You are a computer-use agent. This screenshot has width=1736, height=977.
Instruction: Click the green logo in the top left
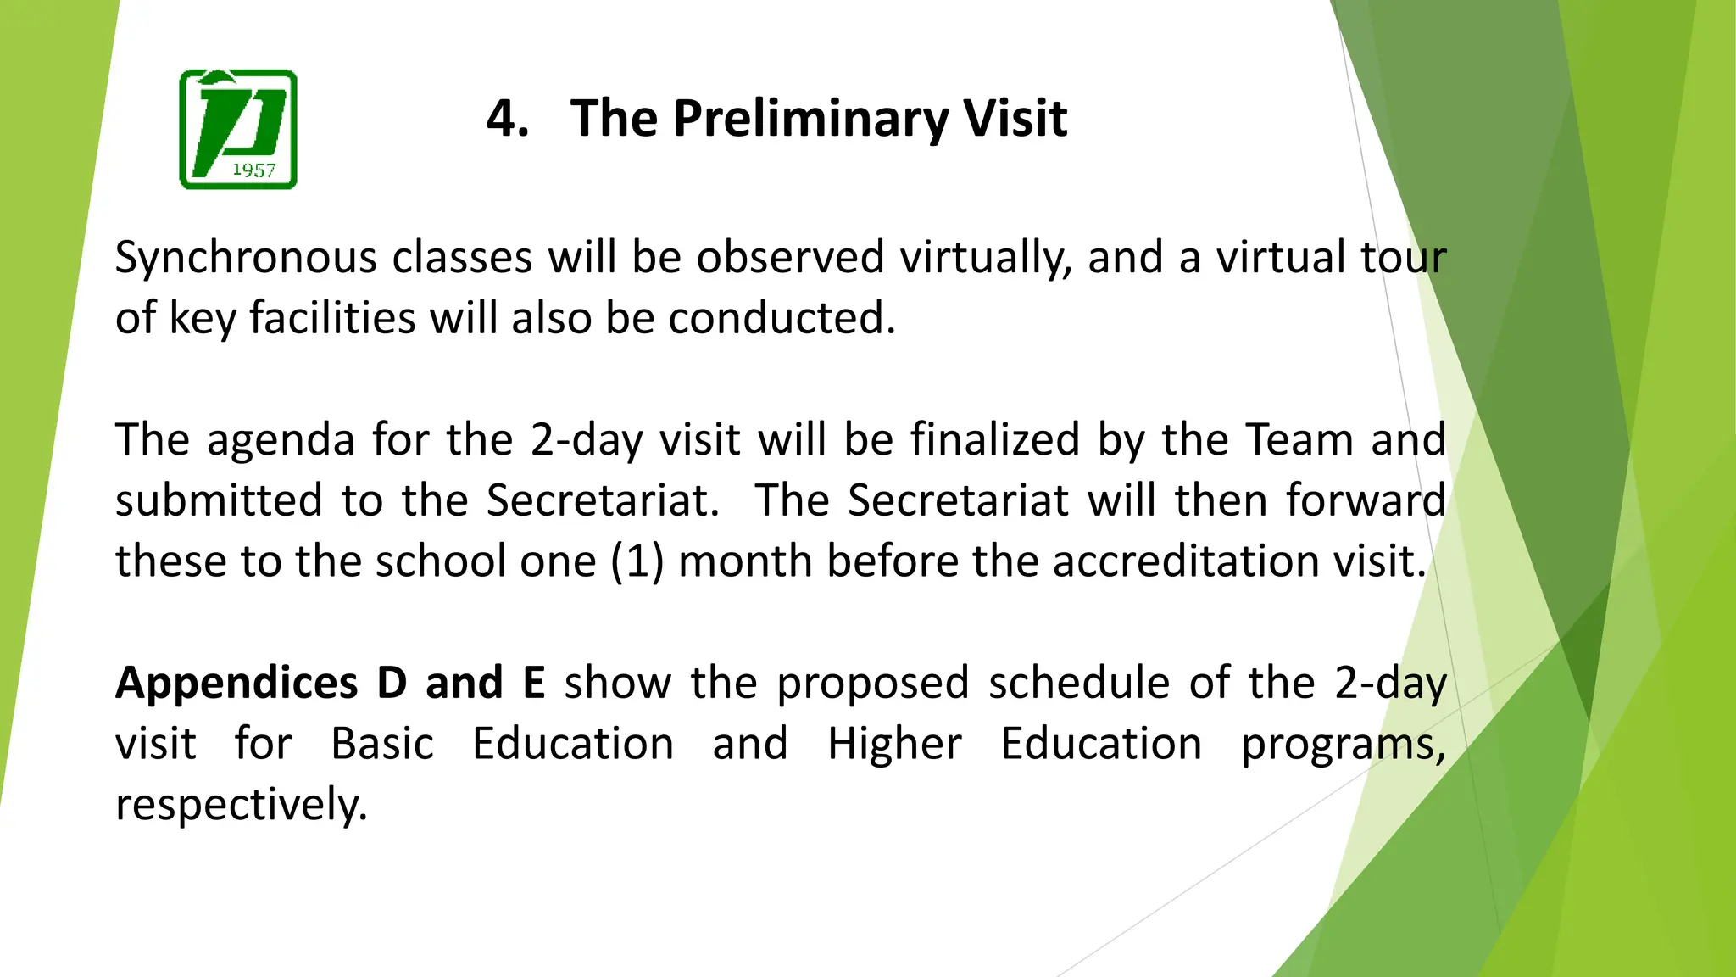(x=238, y=129)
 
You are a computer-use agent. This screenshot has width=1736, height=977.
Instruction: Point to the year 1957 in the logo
(x=253, y=170)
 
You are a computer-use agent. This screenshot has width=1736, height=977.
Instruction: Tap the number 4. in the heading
(x=508, y=118)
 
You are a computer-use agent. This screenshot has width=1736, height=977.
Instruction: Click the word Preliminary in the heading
(x=810, y=118)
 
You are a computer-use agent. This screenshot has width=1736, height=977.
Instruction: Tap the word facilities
(x=331, y=319)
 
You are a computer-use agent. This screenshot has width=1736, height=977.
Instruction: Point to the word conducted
(x=782, y=319)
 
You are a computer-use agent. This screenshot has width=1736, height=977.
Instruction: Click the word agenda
(x=281, y=441)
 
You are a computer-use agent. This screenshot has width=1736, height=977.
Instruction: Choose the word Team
(x=1299, y=441)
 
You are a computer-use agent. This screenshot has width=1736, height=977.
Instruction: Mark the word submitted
(x=219, y=500)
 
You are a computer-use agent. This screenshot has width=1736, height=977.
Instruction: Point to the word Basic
(x=382, y=745)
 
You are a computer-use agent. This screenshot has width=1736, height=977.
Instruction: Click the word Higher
(x=894, y=745)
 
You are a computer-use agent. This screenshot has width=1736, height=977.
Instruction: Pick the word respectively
(x=242, y=806)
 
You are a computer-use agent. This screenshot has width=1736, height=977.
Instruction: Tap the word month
(x=745, y=561)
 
